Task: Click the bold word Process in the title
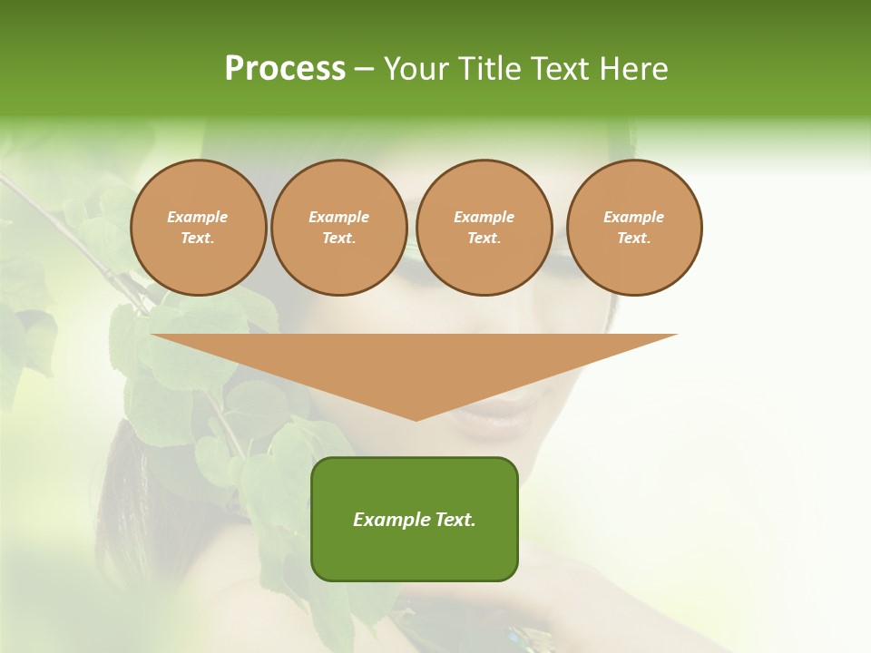coord(285,69)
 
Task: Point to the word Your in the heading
coord(417,69)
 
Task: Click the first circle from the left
coord(199,228)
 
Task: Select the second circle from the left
coord(339,228)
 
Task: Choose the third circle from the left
coord(484,228)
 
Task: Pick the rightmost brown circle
coord(634,228)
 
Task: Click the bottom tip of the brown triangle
coord(416,418)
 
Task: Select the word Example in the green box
coord(391,520)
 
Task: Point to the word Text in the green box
coord(455,520)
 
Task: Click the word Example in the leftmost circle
coord(198,217)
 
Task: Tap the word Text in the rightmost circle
coord(633,239)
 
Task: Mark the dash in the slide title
coord(365,69)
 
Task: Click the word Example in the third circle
coord(484,217)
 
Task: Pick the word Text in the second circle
coord(338,239)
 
